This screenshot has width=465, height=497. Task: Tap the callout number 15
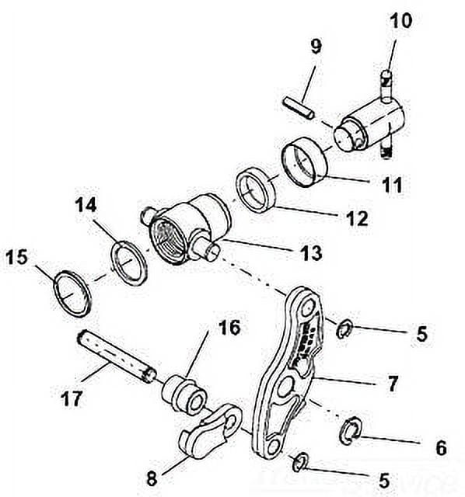[x=19, y=256]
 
